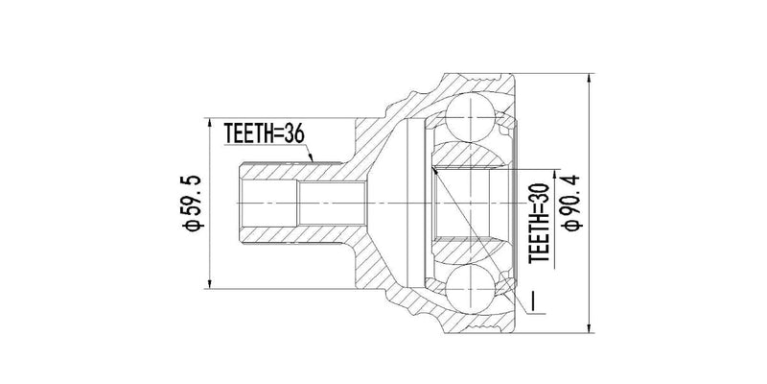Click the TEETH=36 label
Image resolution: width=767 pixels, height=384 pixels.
(x=264, y=133)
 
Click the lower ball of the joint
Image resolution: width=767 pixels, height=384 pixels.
(x=469, y=289)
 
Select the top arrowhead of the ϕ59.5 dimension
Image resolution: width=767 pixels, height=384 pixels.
(x=208, y=122)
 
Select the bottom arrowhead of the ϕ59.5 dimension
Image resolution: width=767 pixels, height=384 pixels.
(x=208, y=285)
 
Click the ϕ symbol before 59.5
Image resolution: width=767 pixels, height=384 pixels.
(x=191, y=227)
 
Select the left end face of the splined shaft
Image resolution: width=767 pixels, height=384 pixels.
(x=239, y=204)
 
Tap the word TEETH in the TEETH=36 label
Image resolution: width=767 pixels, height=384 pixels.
(x=247, y=133)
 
